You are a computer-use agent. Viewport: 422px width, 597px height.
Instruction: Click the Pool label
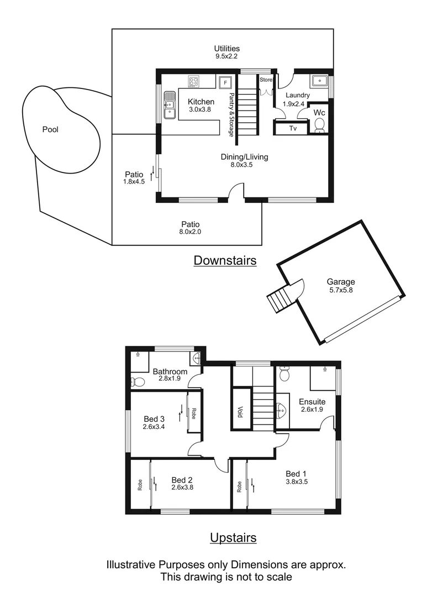click(50, 130)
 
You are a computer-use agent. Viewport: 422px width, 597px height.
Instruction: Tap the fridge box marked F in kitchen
click(225, 83)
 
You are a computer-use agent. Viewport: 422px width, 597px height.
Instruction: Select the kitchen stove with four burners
click(193, 82)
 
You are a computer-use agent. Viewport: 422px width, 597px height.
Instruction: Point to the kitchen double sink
click(169, 104)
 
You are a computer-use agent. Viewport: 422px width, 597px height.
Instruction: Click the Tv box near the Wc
click(293, 128)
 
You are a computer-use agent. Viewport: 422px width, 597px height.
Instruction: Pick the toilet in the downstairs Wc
click(319, 127)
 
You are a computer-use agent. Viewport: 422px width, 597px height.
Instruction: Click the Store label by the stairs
click(266, 80)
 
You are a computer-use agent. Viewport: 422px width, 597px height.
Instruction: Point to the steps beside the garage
click(278, 300)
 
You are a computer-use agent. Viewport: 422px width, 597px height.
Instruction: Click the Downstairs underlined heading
click(225, 260)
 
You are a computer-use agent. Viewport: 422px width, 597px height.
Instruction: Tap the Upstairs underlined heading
click(233, 537)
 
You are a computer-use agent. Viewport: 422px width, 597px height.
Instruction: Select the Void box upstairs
click(240, 411)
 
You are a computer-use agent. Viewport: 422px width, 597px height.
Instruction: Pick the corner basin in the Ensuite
click(281, 410)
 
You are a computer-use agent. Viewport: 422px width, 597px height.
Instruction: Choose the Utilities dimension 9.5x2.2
click(228, 56)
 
